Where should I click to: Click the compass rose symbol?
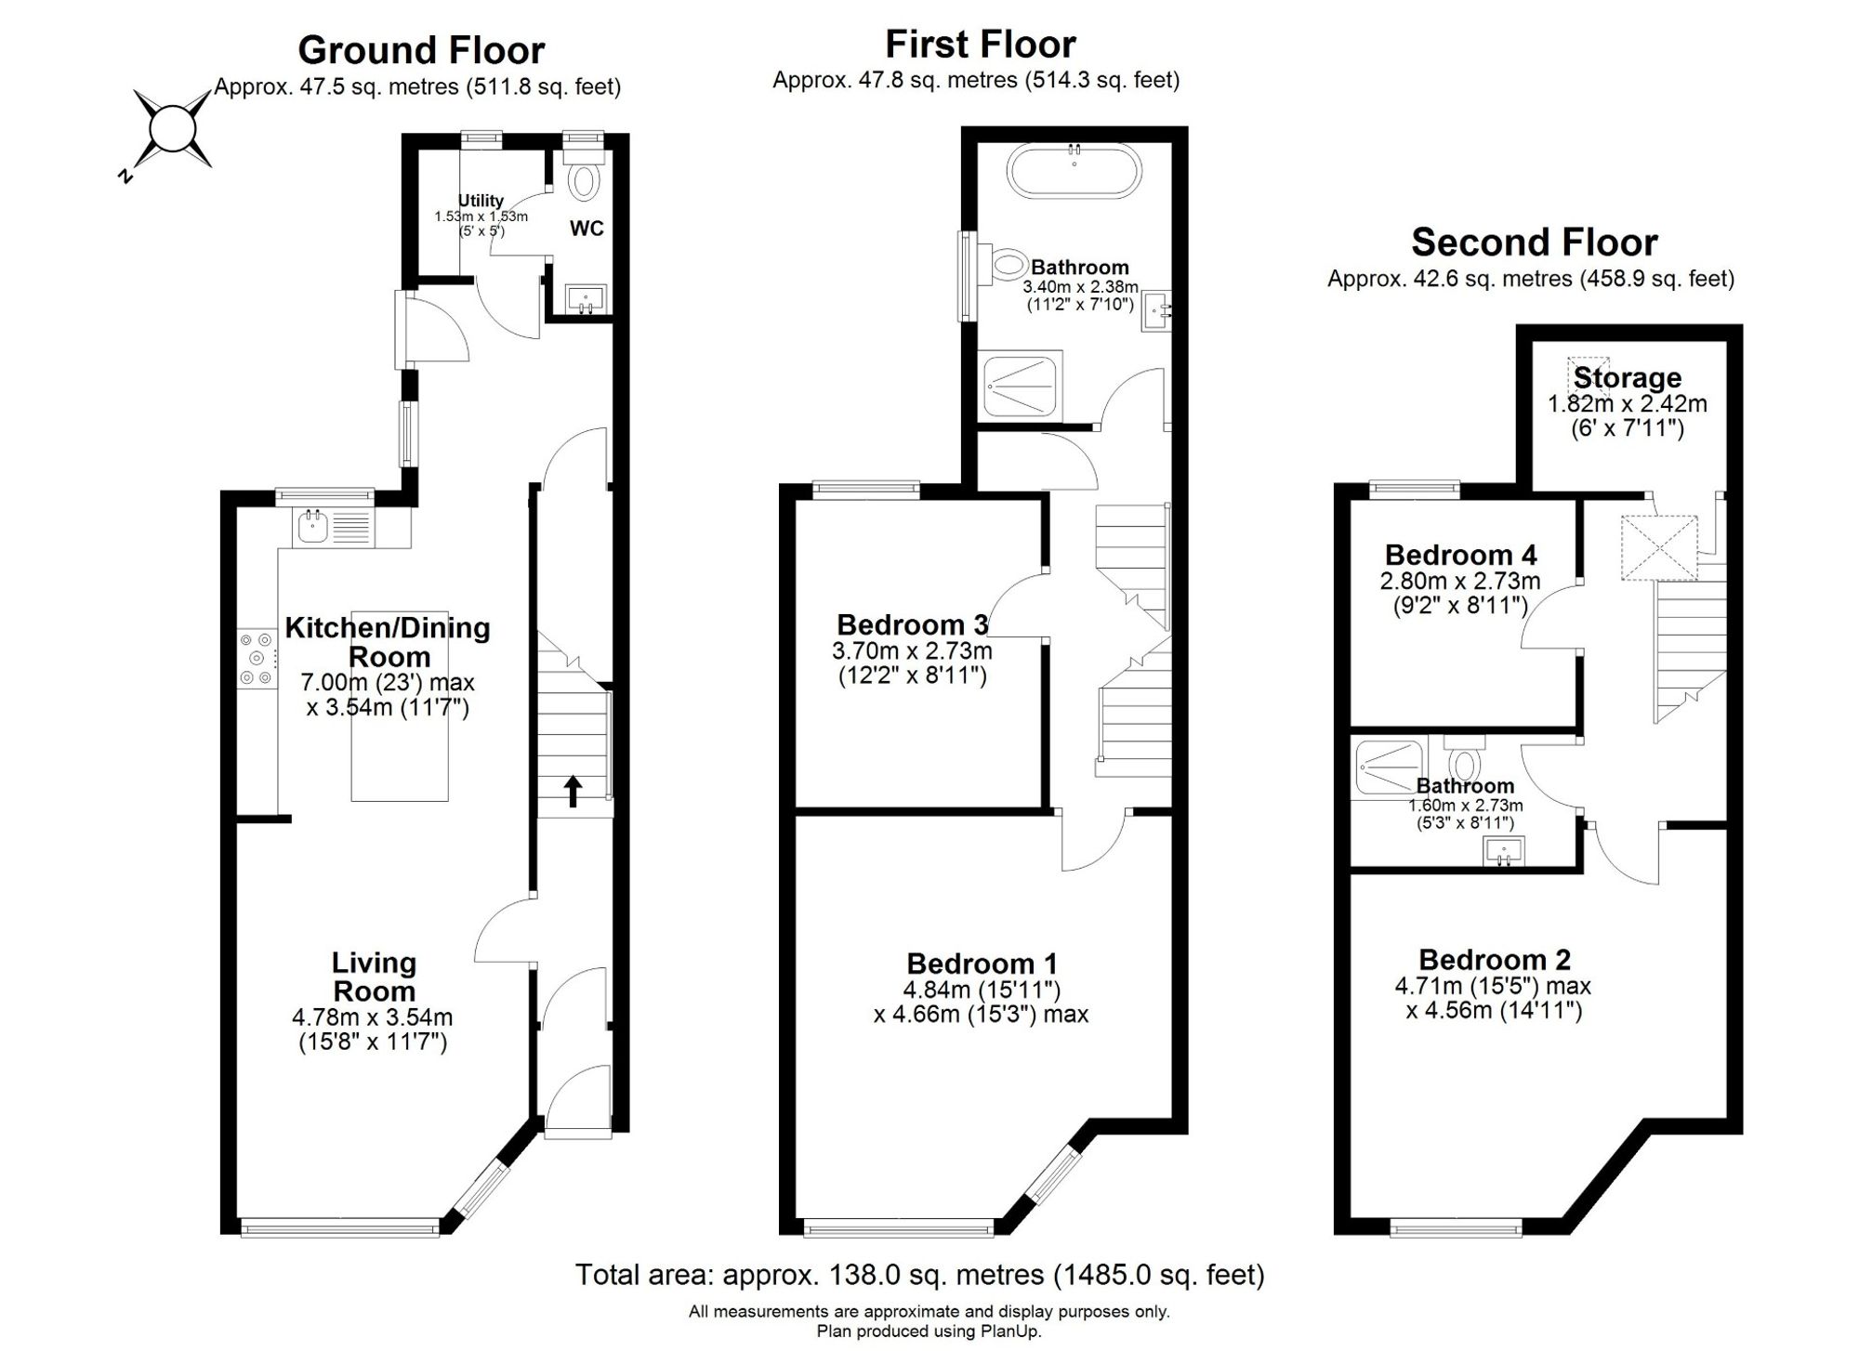[x=172, y=129]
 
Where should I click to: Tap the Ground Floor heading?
[x=421, y=49]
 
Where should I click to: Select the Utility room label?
[x=481, y=201]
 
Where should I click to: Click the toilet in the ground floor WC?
[x=584, y=176]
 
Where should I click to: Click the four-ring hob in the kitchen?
[x=257, y=660]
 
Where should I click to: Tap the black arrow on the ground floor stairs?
[x=574, y=792]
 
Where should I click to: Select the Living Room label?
[x=374, y=977]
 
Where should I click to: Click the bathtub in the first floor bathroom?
[x=1075, y=171]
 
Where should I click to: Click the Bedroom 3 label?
[x=912, y=624]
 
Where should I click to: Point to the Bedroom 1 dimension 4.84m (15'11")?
[x=982, y=990]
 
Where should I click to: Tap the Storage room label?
[x=1628, y=378]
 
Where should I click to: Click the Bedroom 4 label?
[x=1460, y=556]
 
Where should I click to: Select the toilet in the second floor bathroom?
[x=1465, y=760]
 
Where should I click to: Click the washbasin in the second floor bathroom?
[x=1504, y=851]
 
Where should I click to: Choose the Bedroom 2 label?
[x=1495, y=960]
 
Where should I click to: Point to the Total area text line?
[x=919, y=1275]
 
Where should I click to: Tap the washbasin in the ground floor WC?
[x=586, y=299]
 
